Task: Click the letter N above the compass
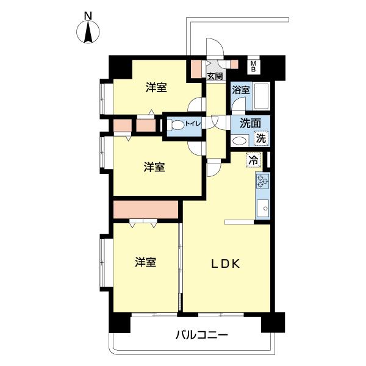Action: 89,15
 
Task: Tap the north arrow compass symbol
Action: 89,32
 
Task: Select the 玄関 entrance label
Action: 214,76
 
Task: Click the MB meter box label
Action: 254,65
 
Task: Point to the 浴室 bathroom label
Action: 240,90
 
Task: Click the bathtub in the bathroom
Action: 262,97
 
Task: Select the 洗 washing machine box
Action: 261,138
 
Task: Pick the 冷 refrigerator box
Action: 252,161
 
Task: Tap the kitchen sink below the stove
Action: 264,208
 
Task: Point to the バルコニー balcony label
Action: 201,335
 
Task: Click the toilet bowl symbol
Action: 176,126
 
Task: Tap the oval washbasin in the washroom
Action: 240,140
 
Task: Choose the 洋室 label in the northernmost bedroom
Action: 156,88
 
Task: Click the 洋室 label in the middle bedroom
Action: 154,167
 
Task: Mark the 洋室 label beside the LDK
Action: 145,262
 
